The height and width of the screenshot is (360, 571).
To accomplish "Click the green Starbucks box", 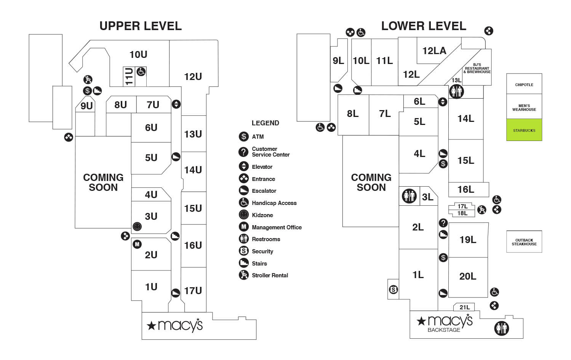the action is pos(524,130).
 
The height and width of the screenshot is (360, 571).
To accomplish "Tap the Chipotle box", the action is pos(524,84).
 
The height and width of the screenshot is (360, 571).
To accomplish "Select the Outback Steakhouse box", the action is pos(524,242).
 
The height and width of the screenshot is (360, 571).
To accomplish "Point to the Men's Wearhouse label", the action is pos(524,107).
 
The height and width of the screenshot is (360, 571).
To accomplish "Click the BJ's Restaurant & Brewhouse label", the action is pos(477,68).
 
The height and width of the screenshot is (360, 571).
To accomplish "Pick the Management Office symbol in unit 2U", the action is pos(137,244).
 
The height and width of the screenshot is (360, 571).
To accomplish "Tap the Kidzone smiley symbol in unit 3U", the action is pos(137,226).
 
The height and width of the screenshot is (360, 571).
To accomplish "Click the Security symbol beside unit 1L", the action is pos(393,290).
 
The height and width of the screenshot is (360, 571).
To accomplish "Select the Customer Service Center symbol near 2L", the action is pos(443,223).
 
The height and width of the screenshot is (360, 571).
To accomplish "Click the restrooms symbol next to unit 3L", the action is pos(409,196).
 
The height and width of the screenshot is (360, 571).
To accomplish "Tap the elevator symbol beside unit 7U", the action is pos(176,104).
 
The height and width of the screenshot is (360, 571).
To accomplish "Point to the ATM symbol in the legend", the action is pos(244,137).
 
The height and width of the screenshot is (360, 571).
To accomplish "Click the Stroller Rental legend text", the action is pos(270,275).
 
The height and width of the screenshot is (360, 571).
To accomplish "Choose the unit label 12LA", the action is pos(434,51).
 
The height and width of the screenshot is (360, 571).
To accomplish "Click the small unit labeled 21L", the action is pos(464,307).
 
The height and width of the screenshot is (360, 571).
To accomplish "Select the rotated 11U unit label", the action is pos(129,77).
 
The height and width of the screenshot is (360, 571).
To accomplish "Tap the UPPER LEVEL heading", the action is pos(141,26).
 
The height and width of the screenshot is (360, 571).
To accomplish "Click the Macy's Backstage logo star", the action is pos(421,321).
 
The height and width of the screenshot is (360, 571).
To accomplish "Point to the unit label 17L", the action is pos(462,206).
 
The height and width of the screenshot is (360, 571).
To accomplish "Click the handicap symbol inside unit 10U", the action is pos(141,72).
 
